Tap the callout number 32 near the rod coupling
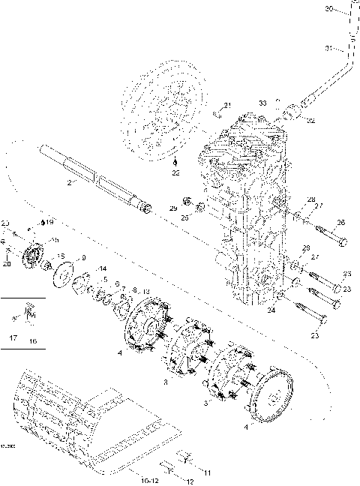pyautogui.click(x=311, y=120)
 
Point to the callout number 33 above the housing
pyautogui.click(x=262, y=101)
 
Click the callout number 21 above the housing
pyautogui.click(x=228, y=105)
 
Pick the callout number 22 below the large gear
pyautogui.click(x=175, y=173)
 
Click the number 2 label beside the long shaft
pyautogui.click(x=70, y=182)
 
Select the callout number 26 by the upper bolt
pyautogui.click(x=342, y=223)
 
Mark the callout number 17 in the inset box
pyautogui.click(x=12, y=339)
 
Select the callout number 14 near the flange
pyautogui.click(x=103, y=268)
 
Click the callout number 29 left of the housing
pyautogui.click(x=172, y=208)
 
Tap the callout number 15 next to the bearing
pyautogui.click(x=61, y=256)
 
